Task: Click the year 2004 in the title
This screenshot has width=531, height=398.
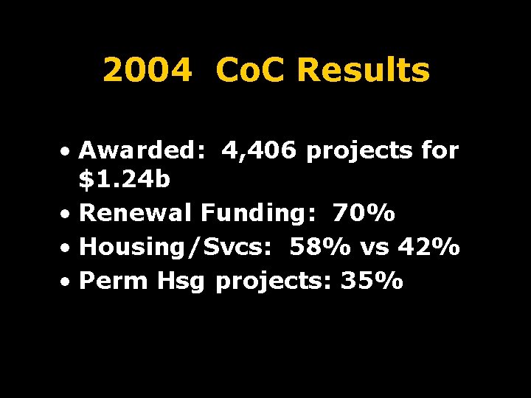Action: [147, 71]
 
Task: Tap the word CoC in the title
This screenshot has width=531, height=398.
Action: [251, 71]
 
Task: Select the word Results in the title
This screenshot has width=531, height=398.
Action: [363, 71]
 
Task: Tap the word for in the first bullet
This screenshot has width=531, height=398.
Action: [440, 151]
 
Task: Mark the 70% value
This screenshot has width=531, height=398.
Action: [364, 214]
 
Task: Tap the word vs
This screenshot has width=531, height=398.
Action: [376, 248]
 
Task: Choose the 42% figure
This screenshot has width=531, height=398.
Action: [431, 248]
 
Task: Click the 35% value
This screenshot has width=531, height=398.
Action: [372, 281]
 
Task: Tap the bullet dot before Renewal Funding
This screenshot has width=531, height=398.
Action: [66, 215]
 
